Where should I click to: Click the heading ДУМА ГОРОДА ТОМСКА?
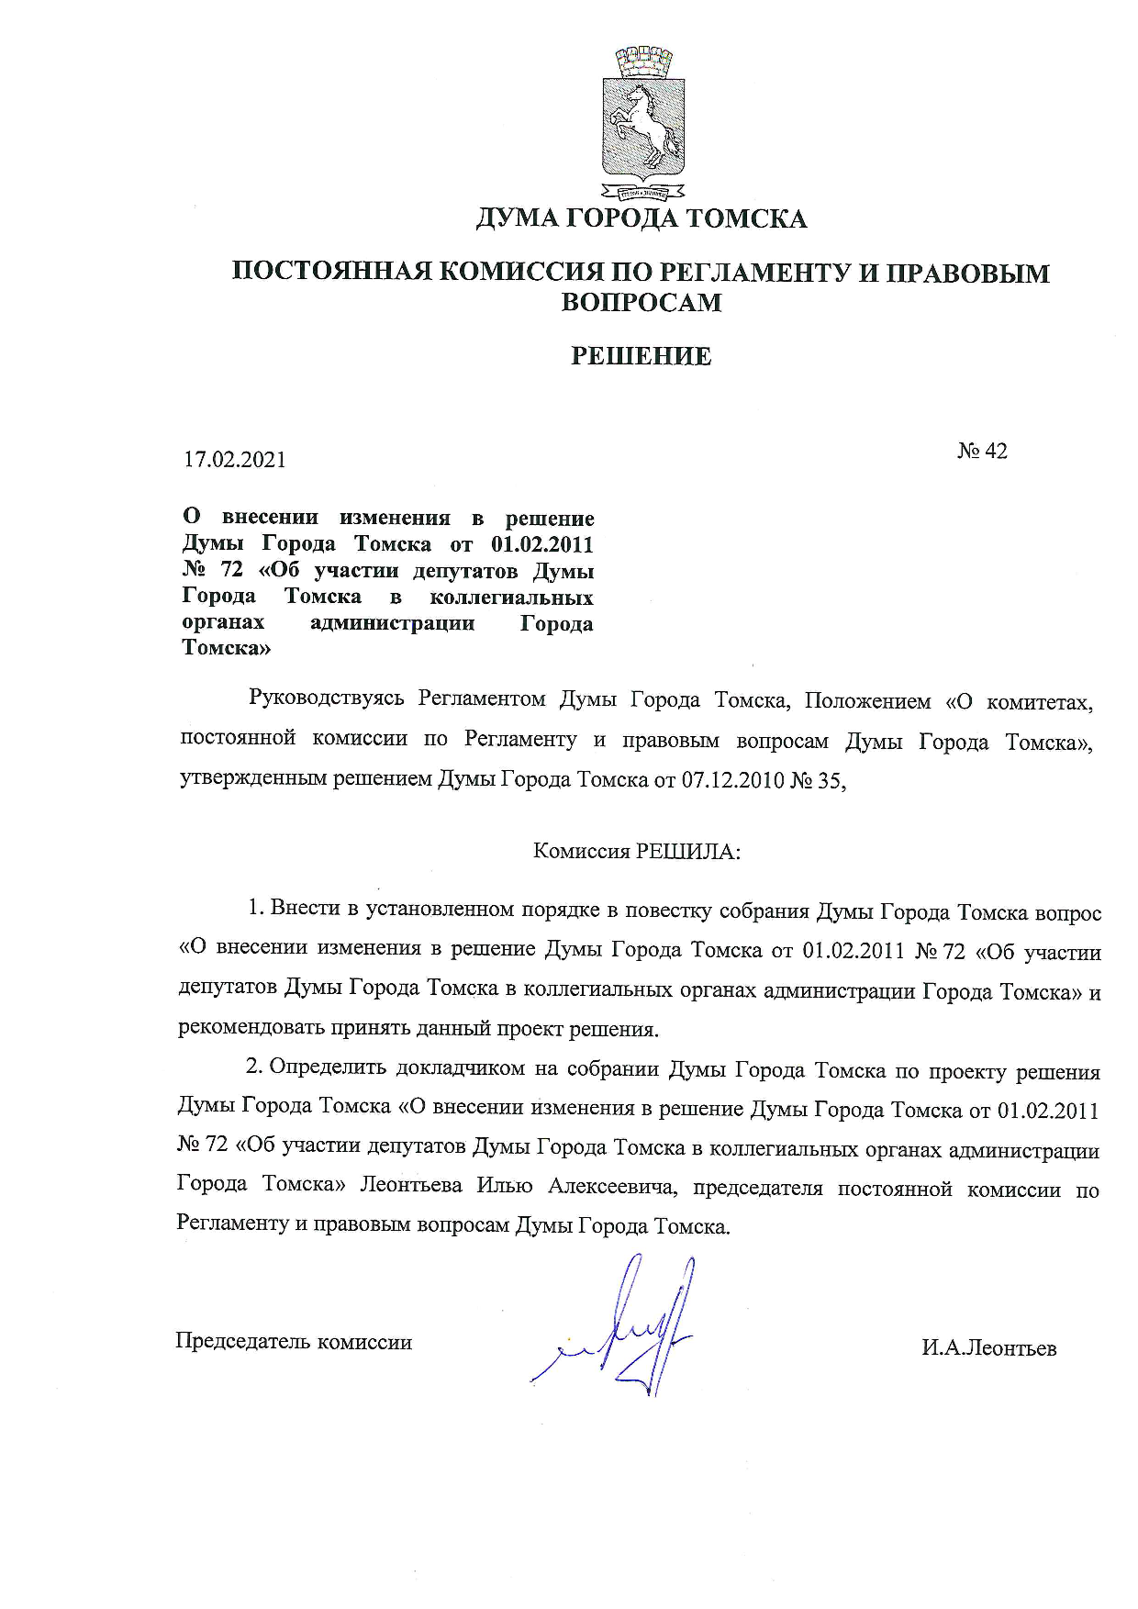coord(641,218)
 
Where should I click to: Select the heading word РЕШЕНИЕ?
coord(641,357)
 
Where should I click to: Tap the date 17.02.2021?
coord(235,459)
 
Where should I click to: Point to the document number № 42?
coord(982,451)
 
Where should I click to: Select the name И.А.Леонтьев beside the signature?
coord(989,1348)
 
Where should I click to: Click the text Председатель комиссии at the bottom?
coord(294,1342)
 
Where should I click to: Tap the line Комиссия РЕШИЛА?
coord(637,851)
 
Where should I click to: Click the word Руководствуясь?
coord(326,700)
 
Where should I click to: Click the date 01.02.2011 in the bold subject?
coord(542,543)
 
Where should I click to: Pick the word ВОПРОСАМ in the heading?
coord(641,302)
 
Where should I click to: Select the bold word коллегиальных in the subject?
coord(512,597)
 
